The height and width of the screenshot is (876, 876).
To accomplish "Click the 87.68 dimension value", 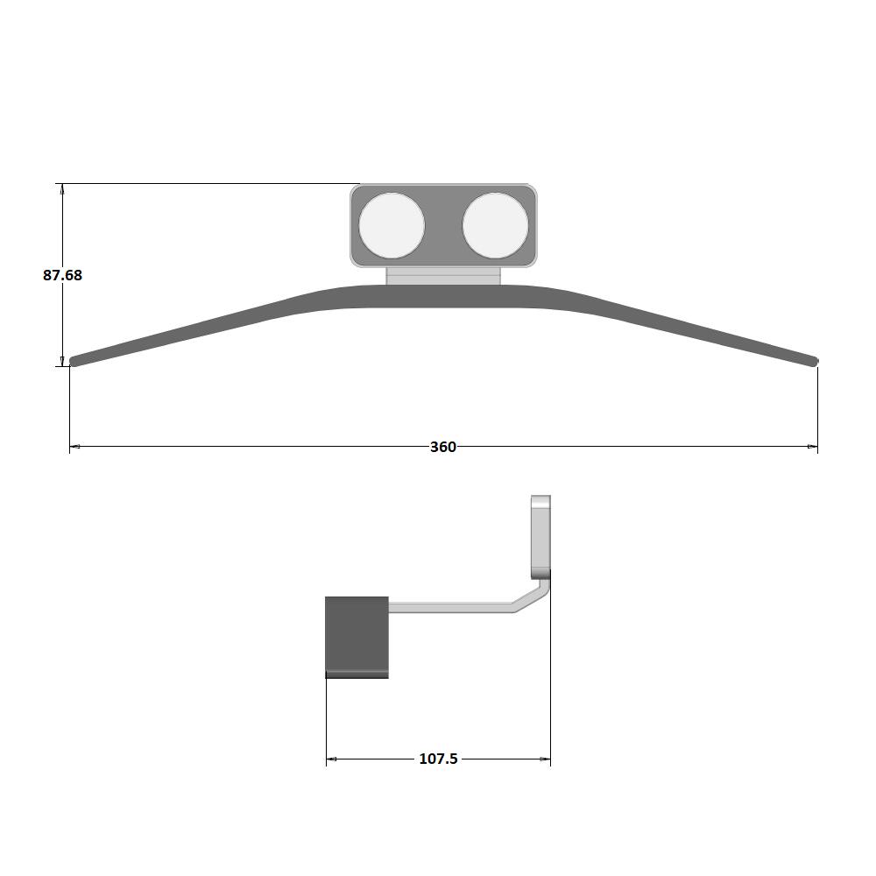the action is (62, 275).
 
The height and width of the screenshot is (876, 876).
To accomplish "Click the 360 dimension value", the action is (443, 447).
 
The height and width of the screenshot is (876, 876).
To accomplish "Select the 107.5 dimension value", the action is (439, 759).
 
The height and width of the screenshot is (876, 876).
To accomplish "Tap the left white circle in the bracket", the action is (392, 226).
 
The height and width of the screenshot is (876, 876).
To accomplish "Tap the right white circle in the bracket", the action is (495, 226).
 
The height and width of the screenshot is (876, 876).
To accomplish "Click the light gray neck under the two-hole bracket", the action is (443, 276).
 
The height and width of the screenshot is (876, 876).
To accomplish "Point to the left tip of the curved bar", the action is (71, 362).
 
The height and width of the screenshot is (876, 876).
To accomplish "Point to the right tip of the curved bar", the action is (816, 362).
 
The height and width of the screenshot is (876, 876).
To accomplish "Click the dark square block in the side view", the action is (357, 638).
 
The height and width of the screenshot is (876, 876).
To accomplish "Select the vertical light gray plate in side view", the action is (540, 536).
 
